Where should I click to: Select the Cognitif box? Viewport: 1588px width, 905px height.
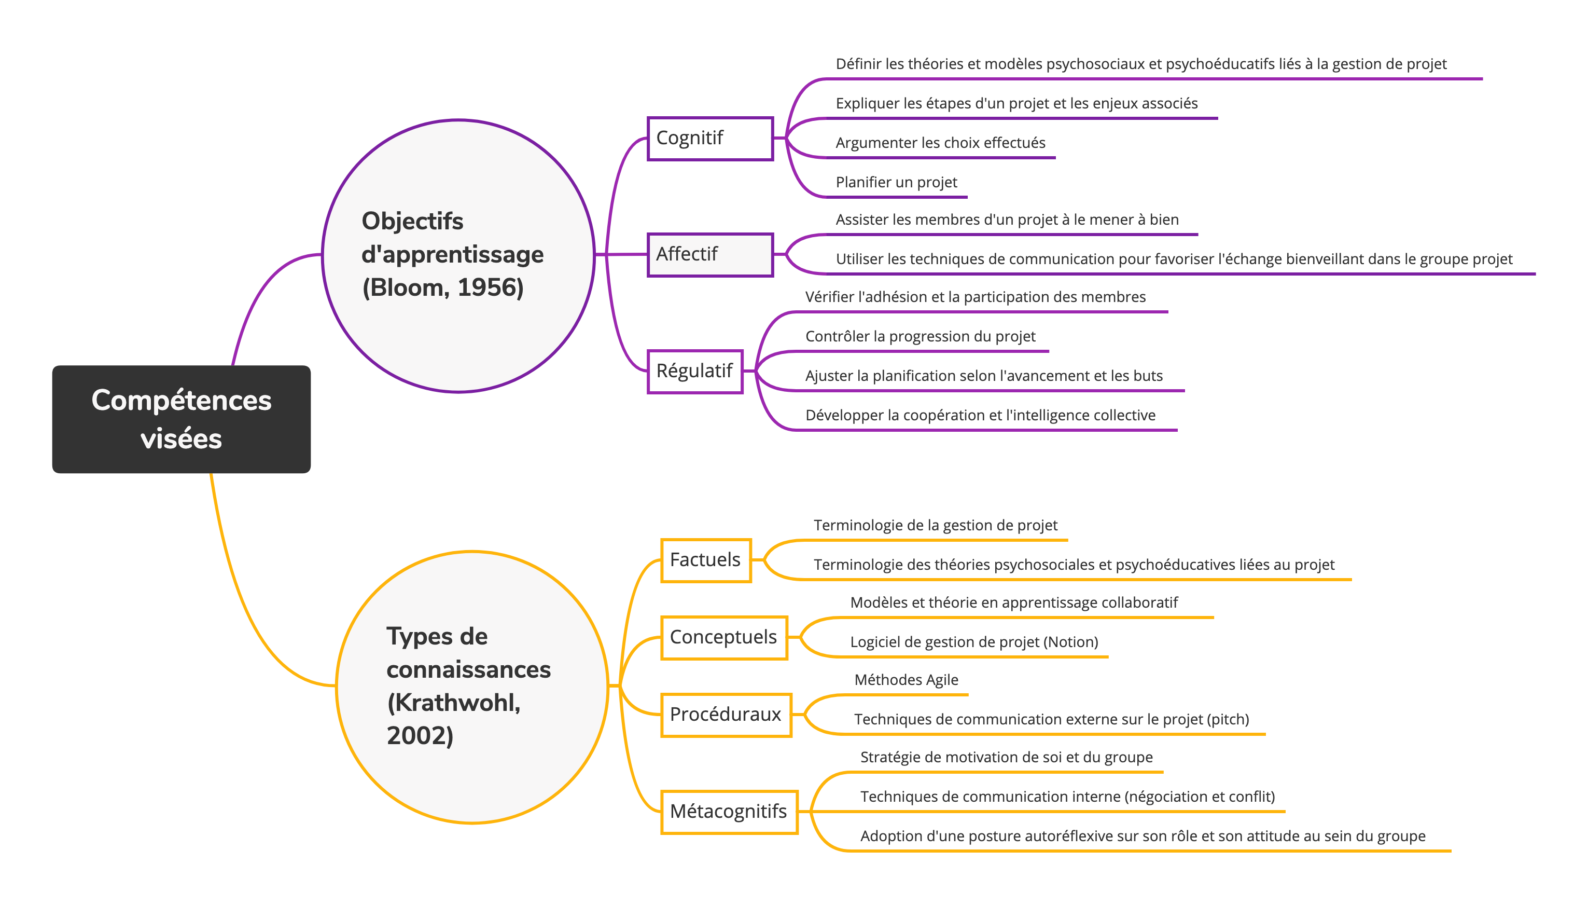(x=710, y=138)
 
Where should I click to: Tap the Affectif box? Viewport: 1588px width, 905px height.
(x=710, y=254)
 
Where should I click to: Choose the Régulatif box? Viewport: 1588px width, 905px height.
(x=695, y=371)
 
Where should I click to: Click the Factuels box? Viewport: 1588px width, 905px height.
(x=705, y=560)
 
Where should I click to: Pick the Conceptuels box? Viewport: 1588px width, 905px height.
(x=724, y=637)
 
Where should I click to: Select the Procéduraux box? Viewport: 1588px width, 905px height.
(x=726, y=715)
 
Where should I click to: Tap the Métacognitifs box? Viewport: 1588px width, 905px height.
(x=729, y=811)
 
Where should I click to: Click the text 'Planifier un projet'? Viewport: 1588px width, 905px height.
(x=896, y=182)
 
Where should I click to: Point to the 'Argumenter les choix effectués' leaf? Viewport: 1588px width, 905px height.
(x=940, y=143)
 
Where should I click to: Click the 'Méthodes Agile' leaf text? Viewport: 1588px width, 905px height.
(x=906, y=680)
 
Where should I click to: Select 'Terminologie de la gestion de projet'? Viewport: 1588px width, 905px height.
(x=935, y=525)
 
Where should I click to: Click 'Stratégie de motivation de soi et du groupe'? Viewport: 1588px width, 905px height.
(x=1006, y=757)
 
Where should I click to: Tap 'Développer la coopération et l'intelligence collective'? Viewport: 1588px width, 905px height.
(x=980, y=415)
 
